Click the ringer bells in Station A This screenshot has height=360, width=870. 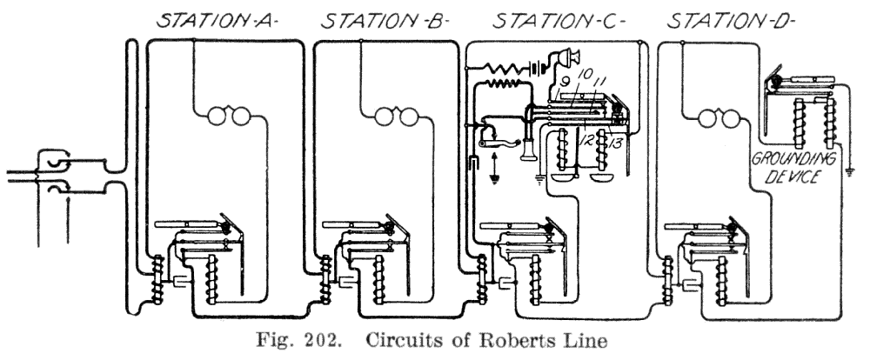(x=223, y=115)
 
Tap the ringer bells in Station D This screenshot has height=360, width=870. (x=715, y=115)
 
